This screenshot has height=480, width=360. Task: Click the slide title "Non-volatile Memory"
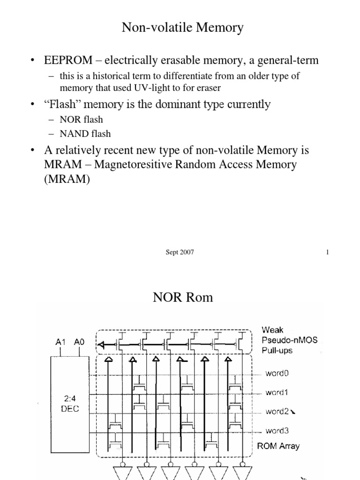[x=183, y=28]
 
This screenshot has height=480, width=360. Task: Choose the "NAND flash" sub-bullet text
[x=85, y=134]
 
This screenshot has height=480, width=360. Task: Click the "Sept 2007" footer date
[x=178, y=252]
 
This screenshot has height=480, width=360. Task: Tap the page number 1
[x=327, y=252]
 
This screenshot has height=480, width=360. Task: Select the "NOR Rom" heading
[x=183, y=297]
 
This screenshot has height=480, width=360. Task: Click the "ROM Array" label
[x=278, y=446]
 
